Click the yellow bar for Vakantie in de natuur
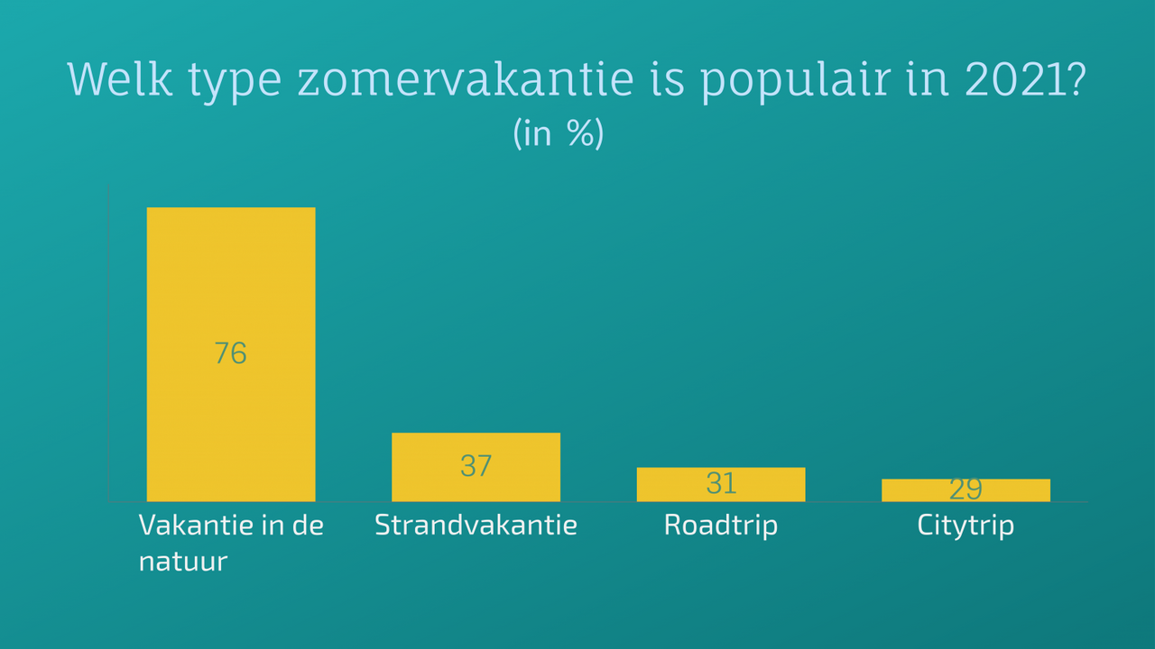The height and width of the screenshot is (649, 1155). click(x=231, y=354)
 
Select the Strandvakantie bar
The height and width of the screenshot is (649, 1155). click(x=476, y=467)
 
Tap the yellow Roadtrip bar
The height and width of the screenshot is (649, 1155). click(x=721, y=485)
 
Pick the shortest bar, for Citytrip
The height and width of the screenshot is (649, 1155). click(x=966, y=490)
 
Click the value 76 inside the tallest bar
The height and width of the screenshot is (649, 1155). click(x=230, y=353)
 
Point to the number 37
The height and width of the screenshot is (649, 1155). click(x=476, y=466)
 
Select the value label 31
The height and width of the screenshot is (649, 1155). click(x=721, y=483)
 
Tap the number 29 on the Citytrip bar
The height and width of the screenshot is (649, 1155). click(x=966, y=489)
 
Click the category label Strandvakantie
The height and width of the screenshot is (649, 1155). click(x=476, y=525)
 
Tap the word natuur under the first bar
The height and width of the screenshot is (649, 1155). click(x=183, y=562)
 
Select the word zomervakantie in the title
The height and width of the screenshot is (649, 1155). click(x=466, y=79)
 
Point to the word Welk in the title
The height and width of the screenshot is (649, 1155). click(x=120, y=79)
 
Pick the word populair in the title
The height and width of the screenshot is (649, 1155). click(x=796, y=82)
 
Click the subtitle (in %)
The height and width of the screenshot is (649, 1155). click(x=559, y=133)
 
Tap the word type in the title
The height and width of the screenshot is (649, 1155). click(x=235, y=84)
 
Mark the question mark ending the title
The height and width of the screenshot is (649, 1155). click(x=1078, y=80)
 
